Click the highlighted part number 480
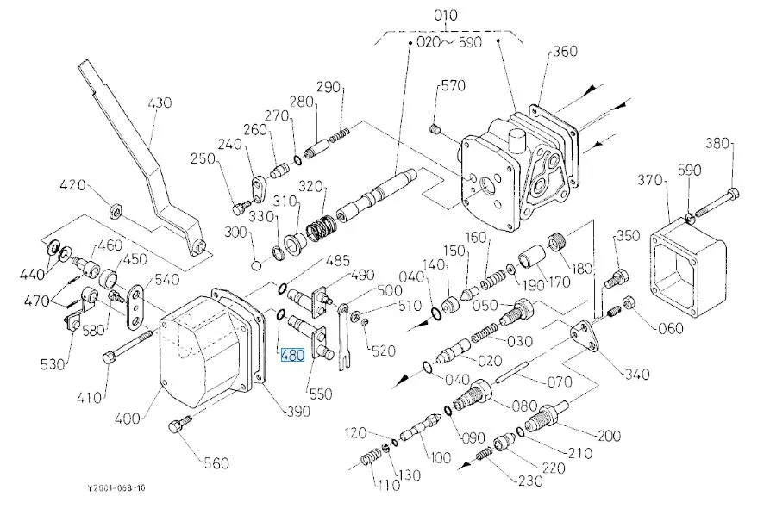point(292,354)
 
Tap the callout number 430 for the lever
point(160,102)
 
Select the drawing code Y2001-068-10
point(116,488)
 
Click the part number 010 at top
point(446,16)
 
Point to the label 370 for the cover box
point(649,180)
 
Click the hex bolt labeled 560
point(179,425)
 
